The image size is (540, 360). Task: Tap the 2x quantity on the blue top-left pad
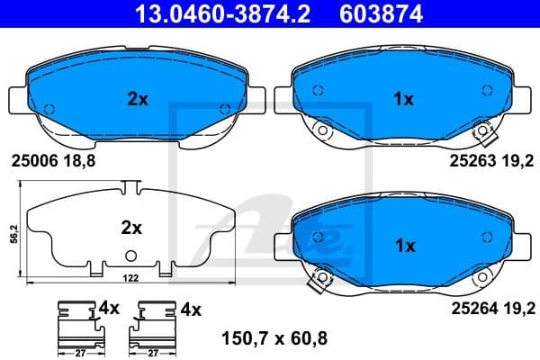pyautogui.click(x=138, y=99)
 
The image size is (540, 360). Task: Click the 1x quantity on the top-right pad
pyautogui.click(x=404, y=99)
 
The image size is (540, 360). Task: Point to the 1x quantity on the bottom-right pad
pyautogui.click(x=404, y=245)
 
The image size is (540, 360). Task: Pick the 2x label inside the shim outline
pyautogui.click(x=132, y=229)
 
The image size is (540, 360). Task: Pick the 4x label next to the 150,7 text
pyautogui.click(x=190, y=309)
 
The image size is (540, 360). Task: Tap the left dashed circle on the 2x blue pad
pyautogui.click(x=49, y=110)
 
